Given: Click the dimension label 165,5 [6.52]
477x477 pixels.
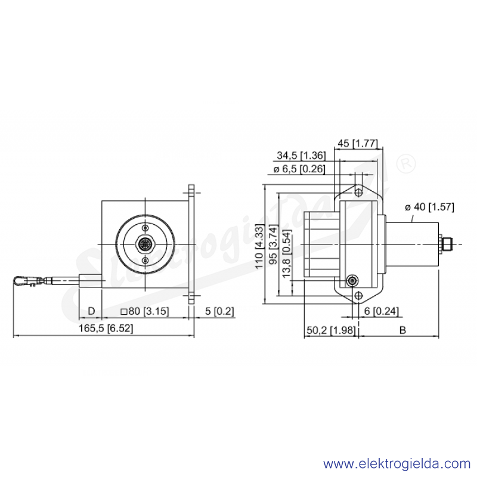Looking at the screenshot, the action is click(x=106, y=329).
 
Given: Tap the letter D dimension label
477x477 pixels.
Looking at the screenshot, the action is click(x=91, y=311).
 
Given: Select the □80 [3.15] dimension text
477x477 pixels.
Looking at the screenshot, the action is click(x=144, y=311).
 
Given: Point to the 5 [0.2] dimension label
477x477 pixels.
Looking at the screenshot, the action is click(x=219, y=311).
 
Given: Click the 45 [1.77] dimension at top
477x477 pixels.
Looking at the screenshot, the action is click(x=357, y=143).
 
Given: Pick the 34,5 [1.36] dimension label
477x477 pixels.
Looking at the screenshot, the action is click(x=301, y=156).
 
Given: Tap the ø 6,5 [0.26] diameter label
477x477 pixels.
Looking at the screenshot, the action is click(x=299, y=169).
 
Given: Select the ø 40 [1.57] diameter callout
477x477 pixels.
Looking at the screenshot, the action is click(x=429, y=207).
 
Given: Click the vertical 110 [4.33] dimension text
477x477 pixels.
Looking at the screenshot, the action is click(x=259, y=246).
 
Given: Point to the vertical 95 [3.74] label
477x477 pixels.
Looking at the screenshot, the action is click(x=273, y=244).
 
